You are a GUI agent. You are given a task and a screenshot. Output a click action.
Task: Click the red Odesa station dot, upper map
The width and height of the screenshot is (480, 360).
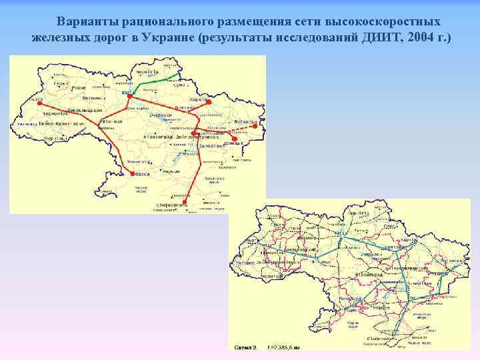click(133, 174)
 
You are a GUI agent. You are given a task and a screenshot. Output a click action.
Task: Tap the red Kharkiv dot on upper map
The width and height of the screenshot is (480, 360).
click(208, 103)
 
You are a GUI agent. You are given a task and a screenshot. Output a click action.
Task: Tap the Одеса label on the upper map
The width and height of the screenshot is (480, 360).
click(142, 175)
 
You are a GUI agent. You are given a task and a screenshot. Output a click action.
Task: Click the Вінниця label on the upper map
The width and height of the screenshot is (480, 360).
click(111, 122)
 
